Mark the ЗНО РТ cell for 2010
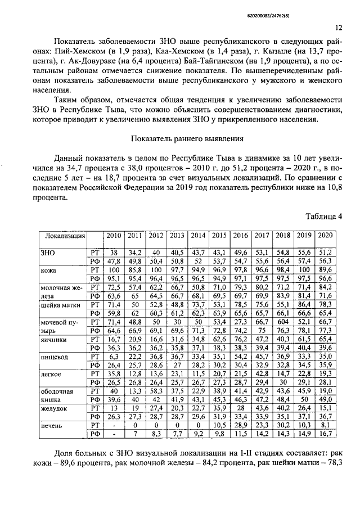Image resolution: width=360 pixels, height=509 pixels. coord(114,252)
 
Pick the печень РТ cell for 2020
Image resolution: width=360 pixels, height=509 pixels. coord(325,426)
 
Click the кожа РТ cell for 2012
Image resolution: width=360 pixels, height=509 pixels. coord(156,271)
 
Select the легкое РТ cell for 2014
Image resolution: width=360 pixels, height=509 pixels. coord(198,373)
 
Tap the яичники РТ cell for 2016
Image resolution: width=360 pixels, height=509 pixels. coord(240,340)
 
